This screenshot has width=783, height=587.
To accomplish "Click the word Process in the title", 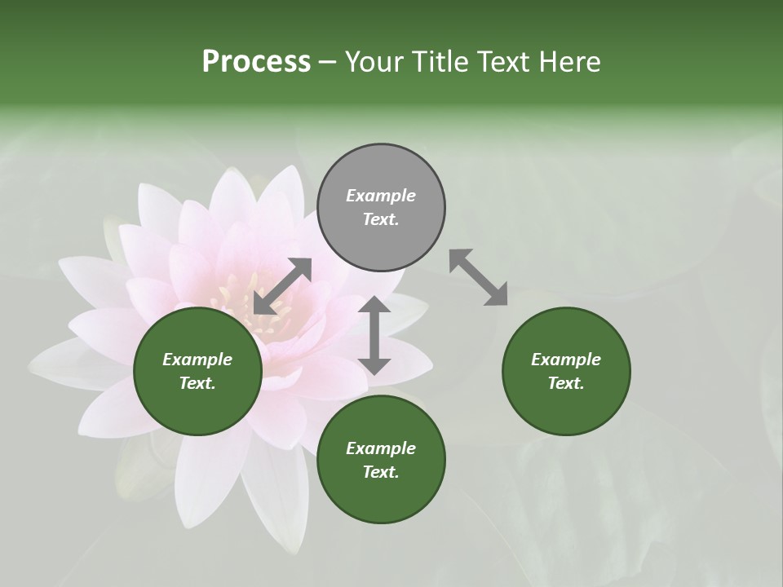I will (x=256, y=62).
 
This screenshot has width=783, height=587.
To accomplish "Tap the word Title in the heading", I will (x=439, y=62).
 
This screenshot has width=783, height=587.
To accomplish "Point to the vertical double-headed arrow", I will (x=374, y=335).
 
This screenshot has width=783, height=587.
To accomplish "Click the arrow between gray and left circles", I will (x=282, y=286).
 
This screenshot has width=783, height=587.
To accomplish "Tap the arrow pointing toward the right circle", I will (x=478, y=277).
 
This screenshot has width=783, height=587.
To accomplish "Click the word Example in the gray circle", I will (x=381, y=196).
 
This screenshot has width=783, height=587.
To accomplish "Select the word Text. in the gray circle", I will (x=381, y=219).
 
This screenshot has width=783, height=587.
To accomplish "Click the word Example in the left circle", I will (x=197, y=360).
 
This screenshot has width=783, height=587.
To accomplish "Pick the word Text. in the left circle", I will (x=197, y=383).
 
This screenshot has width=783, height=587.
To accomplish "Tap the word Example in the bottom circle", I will (x=381, y=448).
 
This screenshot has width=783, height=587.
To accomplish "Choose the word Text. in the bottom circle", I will (x=381, y=472).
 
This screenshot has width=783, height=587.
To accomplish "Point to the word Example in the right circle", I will (x=566, y=360).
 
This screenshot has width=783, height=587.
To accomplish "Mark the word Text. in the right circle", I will (x=566, y=383).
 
